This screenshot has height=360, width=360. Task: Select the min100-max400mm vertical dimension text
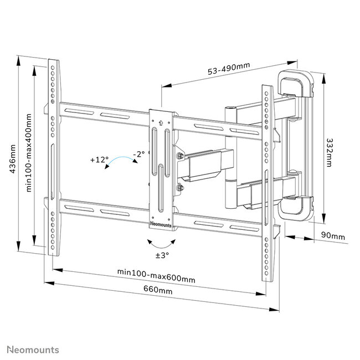(29, 153)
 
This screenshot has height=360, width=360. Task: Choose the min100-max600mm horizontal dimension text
(156, 279)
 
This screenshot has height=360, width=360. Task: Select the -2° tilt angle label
(138, 154)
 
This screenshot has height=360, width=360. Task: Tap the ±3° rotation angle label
(161, 255)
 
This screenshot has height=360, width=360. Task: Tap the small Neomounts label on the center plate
(162, 224)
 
